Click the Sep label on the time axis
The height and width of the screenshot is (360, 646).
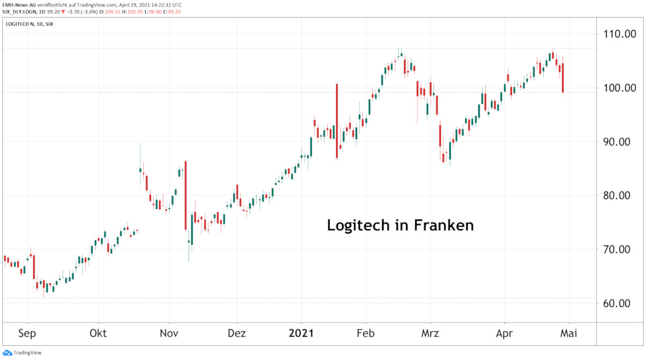pyautogui.click(x=27, y=334)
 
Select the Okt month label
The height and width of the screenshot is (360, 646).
pyautogui.click(x=98, y=334)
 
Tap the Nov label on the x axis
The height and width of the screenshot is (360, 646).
pyautogui.click(x=169, y=334)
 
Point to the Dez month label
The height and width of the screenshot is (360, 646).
pyautogui.click(x=237, y=334)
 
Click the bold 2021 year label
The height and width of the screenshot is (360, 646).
pyautogui.click(x=301, y=334)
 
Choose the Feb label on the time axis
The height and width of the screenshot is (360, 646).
pyautogui.click(x=366, y=334)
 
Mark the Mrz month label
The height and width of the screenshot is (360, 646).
pyautogui.click(x=430, y=334)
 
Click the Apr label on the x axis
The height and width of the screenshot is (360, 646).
pyautogui.click(x=504, y=334)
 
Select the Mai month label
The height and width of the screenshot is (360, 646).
pyautogui.click(x=568, y=334)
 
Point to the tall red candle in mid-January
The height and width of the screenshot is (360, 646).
pyautogui.click(x=337, y=120)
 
